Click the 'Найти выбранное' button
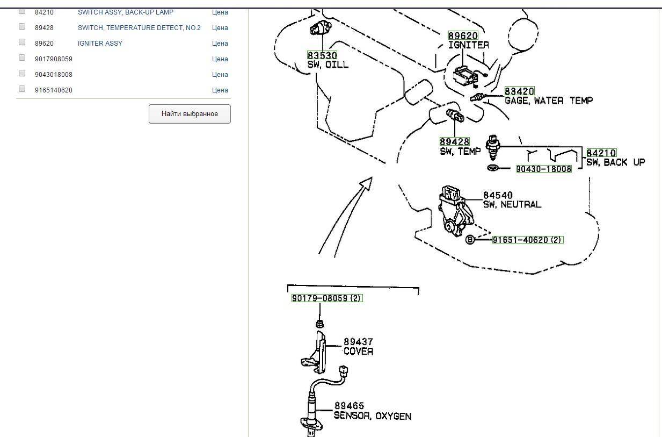(x=190, y=114)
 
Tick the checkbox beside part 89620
(x=22, y=42)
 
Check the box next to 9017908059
(x=22, y=58)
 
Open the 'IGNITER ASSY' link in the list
(x=100, y=44)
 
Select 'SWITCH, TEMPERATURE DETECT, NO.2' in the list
(x=139, y=28)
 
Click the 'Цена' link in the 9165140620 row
(x=220, y=90)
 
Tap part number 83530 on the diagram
(x=322, y=55)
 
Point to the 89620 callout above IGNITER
(x=463, y=36)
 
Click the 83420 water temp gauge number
(x=519, y=91)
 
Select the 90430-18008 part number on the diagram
(x=544, y=169)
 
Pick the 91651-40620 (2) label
(x=528, y=240)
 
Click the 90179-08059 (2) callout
(x=327, y=298)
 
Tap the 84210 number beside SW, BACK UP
(x=601, y=153)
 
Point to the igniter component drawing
(x=465, y=76)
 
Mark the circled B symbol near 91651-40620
(x=470, y=240)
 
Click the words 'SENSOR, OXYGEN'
(x=373, y=416)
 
